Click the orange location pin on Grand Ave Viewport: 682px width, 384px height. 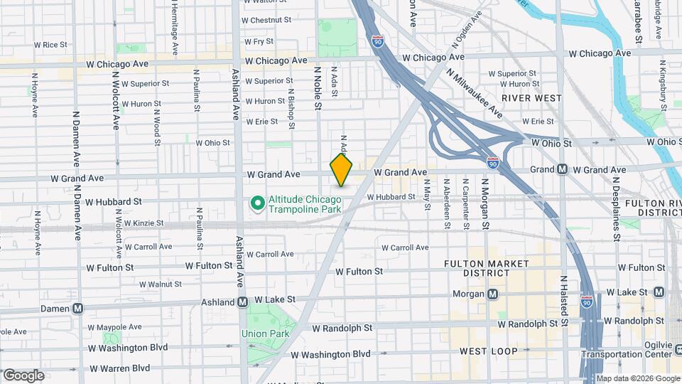point(341,171)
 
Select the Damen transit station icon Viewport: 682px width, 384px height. point(78,309)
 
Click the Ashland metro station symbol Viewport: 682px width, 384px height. point(242,302)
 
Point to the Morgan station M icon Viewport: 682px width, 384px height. point(492,294)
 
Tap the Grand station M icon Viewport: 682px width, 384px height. point(562,169)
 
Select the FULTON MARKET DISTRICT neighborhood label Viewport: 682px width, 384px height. point(486,268)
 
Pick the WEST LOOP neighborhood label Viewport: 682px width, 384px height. point(488,351)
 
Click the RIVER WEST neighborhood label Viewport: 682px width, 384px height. point(531,97)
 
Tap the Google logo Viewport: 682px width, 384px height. point(23,375)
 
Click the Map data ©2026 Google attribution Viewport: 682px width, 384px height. point(638,378)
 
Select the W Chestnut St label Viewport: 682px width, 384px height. point(266,20)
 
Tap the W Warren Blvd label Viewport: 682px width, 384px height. point(119,368)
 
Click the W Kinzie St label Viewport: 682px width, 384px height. point(144,223)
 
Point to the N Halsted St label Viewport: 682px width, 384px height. point(563,301)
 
